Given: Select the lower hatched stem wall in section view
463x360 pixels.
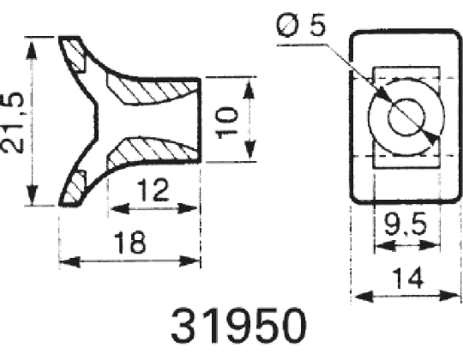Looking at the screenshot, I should click(150, 151).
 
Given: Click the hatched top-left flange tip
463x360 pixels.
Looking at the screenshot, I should click(75, 53).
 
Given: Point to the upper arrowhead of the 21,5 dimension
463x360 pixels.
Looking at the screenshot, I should click(33, 43).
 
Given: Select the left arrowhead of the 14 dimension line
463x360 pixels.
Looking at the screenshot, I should click(358, 296).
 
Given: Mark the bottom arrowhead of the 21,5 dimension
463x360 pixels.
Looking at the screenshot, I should click(33, 199).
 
